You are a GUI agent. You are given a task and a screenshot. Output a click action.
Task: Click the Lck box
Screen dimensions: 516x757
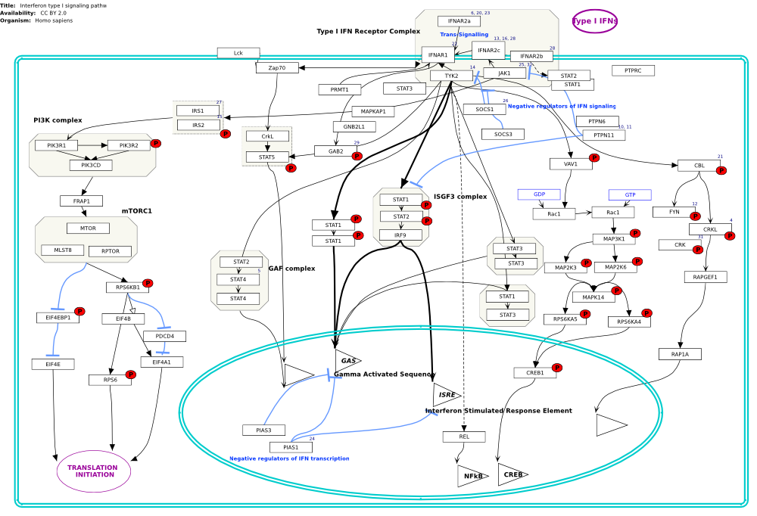[238, 53]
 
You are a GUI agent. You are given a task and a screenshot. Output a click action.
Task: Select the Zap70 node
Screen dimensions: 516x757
[277, 68]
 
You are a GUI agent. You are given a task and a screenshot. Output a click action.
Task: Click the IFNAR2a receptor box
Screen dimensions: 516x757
[459, 21]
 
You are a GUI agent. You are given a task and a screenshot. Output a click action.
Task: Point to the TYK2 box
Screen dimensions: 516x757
[451, 76]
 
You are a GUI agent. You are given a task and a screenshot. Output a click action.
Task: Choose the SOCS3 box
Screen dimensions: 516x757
[503, 134]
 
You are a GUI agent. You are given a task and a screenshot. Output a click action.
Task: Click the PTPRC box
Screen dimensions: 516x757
[633, 70]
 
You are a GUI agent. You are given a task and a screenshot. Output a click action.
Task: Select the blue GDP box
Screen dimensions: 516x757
[539, 194]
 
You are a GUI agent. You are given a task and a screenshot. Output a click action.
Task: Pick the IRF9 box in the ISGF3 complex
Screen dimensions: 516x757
[400, 235]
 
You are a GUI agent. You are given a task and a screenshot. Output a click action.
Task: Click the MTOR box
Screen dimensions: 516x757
[88, 228]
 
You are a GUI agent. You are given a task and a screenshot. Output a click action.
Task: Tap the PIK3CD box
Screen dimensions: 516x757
[91, 165]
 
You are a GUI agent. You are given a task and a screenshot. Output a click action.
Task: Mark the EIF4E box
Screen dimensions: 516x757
[53, 365]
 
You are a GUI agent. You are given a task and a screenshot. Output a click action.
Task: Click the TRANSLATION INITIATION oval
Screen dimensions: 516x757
[94, 471]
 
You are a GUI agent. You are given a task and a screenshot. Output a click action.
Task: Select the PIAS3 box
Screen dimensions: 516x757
[263, 431]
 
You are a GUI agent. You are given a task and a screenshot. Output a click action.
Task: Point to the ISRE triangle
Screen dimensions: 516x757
[444, 395]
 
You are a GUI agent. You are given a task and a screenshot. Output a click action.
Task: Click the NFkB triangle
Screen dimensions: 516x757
[471, 476]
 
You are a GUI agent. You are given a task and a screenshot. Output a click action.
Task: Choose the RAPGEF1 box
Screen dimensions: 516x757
[705, 278]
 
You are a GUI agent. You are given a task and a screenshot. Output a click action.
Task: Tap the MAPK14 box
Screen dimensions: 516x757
[593, 297]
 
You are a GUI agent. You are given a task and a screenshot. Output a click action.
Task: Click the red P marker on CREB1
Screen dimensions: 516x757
[557, 368]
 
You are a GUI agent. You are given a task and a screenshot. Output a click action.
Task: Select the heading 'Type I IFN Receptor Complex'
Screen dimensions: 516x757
[368, 31]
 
